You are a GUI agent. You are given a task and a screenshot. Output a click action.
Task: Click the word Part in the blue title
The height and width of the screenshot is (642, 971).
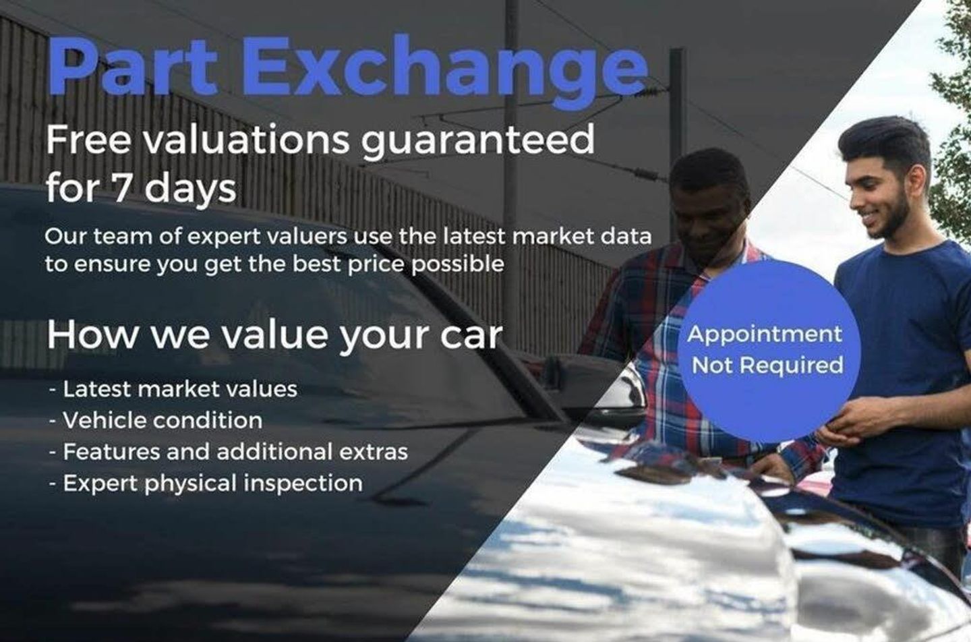pos(133,65)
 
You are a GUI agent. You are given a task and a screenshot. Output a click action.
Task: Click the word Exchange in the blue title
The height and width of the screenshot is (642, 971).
pos(445,71)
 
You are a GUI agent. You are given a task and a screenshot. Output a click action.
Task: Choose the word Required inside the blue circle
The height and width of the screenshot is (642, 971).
pos(791,365)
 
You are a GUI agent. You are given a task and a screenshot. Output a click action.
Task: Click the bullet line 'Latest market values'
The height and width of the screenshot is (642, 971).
pos(173,389)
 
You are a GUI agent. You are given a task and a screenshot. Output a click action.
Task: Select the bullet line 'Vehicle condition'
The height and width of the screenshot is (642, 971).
pos(156,420)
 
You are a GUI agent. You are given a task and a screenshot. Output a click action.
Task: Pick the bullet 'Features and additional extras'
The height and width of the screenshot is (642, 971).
pos(229,451)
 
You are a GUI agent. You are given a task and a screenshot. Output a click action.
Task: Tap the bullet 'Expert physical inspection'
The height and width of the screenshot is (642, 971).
pos(206,484)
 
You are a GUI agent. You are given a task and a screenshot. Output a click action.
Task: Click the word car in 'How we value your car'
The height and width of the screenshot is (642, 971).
pos(471,336)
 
